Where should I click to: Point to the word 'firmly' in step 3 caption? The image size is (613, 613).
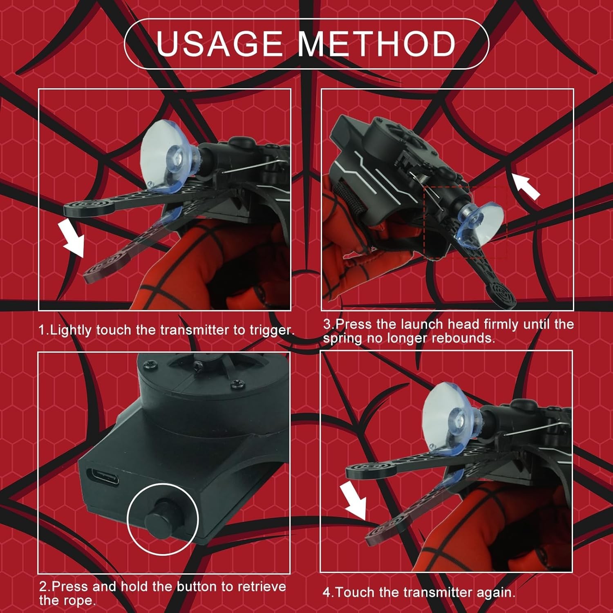pyautogui.click(x=496, y=325)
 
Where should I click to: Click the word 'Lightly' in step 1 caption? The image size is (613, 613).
pyautogui.click(x=71, y=331)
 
